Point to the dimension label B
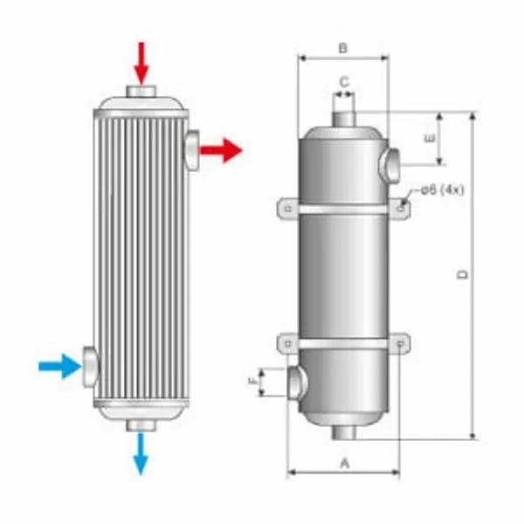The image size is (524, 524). point(343,48)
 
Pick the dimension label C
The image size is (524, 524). point(344,81)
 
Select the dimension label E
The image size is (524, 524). point(427,139)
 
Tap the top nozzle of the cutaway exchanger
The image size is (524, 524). point(141,92)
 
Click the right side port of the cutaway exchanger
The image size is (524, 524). point(192,149)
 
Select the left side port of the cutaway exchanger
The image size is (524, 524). point(90,367)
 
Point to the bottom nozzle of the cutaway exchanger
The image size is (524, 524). point(141,424)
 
